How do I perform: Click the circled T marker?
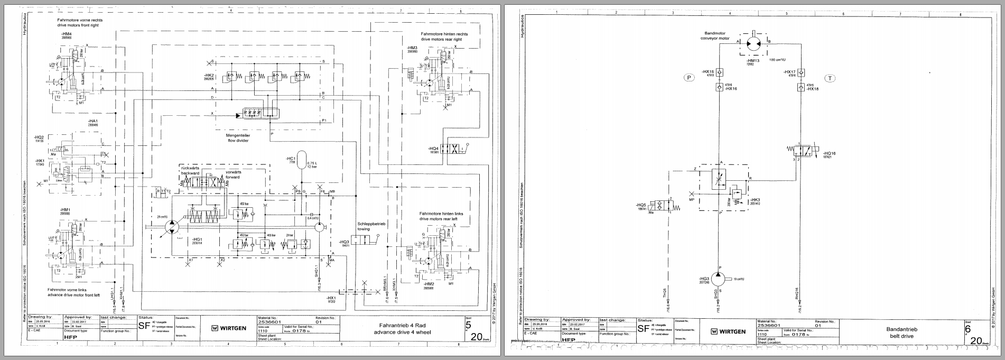831,78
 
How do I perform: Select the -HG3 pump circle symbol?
719,279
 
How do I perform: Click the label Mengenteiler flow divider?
238,138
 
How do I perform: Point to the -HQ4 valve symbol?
451,149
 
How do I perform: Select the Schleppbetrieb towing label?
372,226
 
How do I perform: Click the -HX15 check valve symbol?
719,72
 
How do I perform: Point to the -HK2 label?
210,76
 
